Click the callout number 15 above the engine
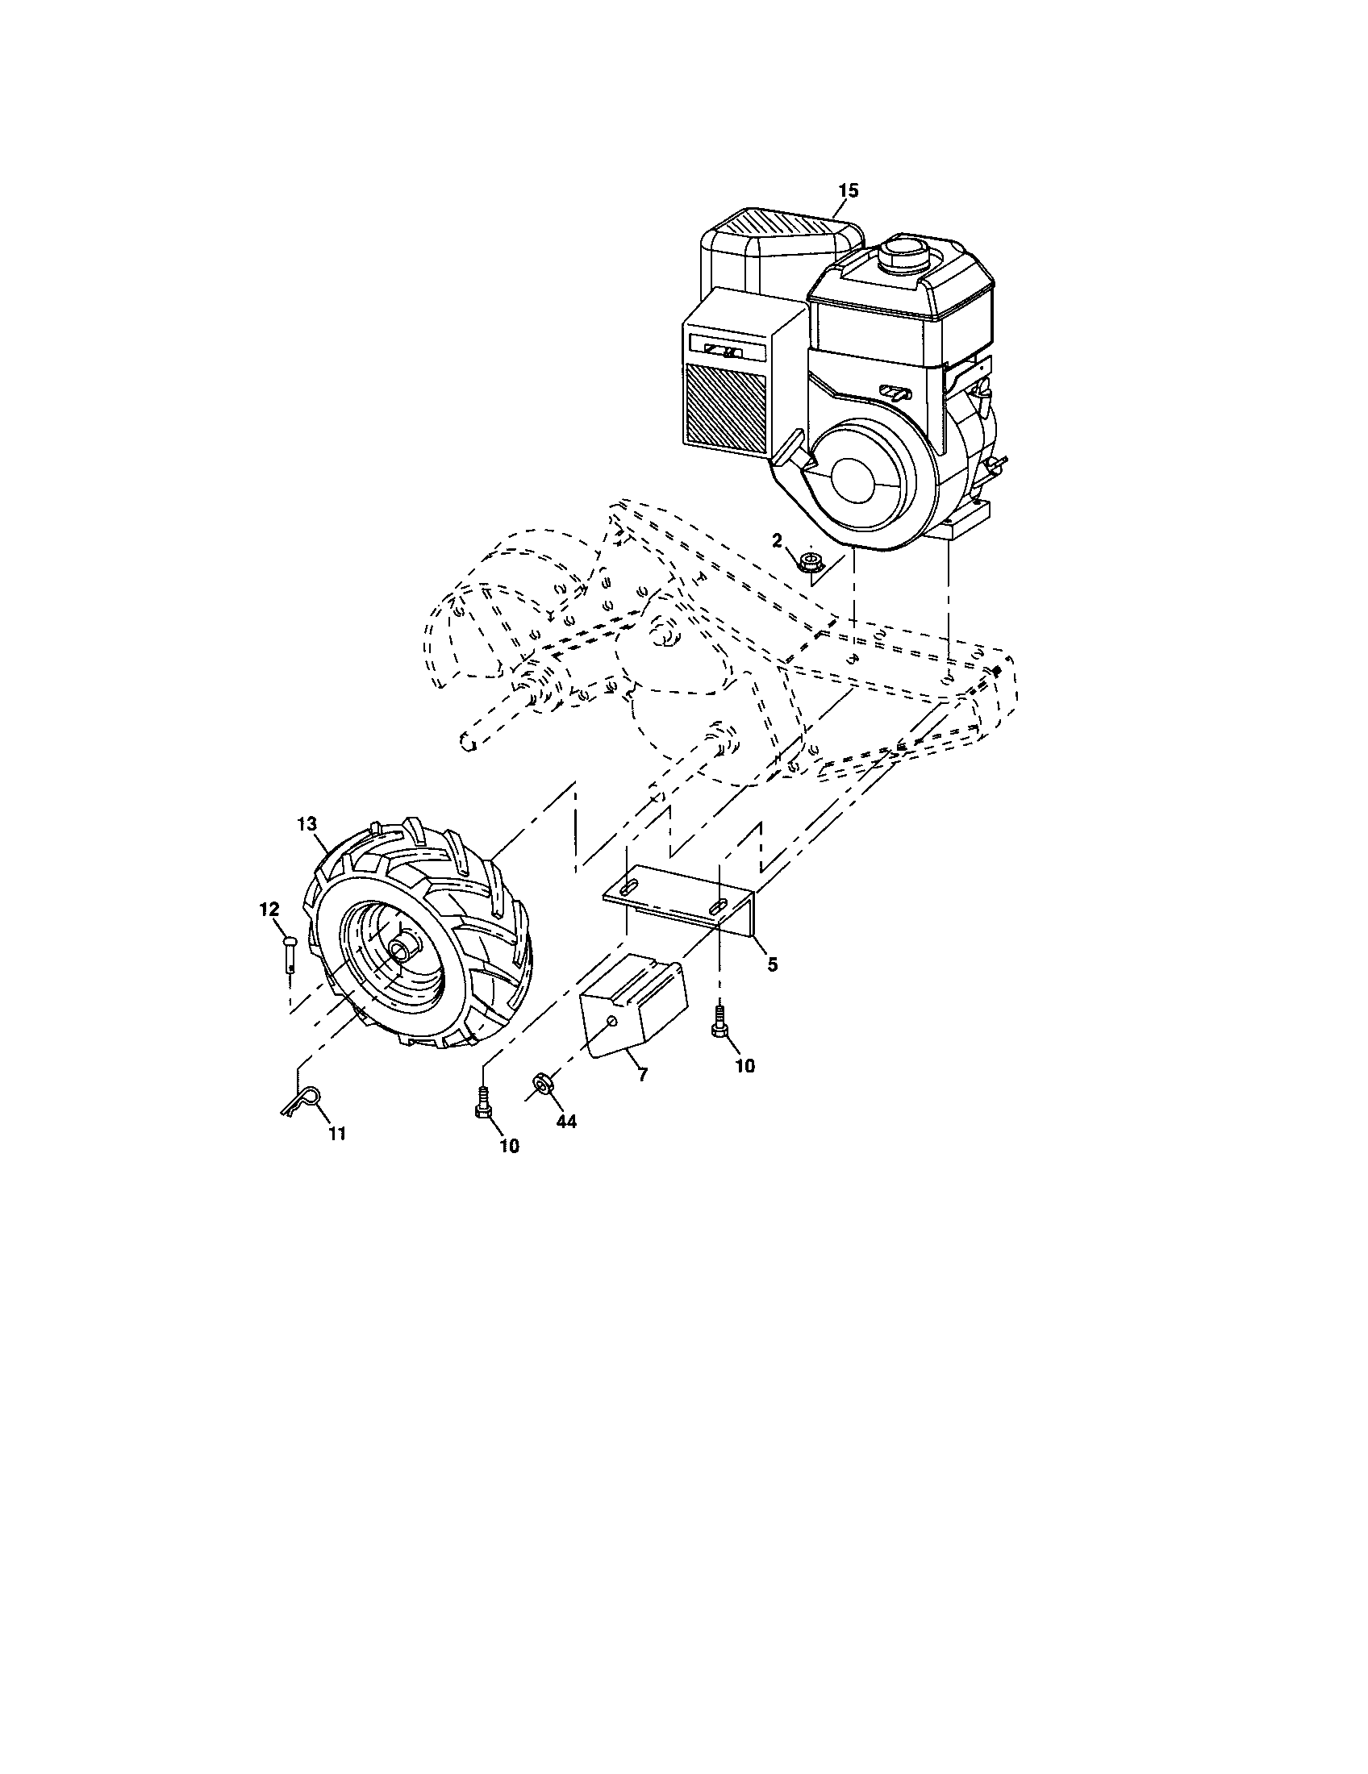[847, 190]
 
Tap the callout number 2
[777, 540]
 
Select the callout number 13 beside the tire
[306, 822]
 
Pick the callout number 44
[566, 1122]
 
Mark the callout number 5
[773, 964]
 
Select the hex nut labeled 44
[540, 1083]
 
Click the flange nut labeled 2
[809, 560]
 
